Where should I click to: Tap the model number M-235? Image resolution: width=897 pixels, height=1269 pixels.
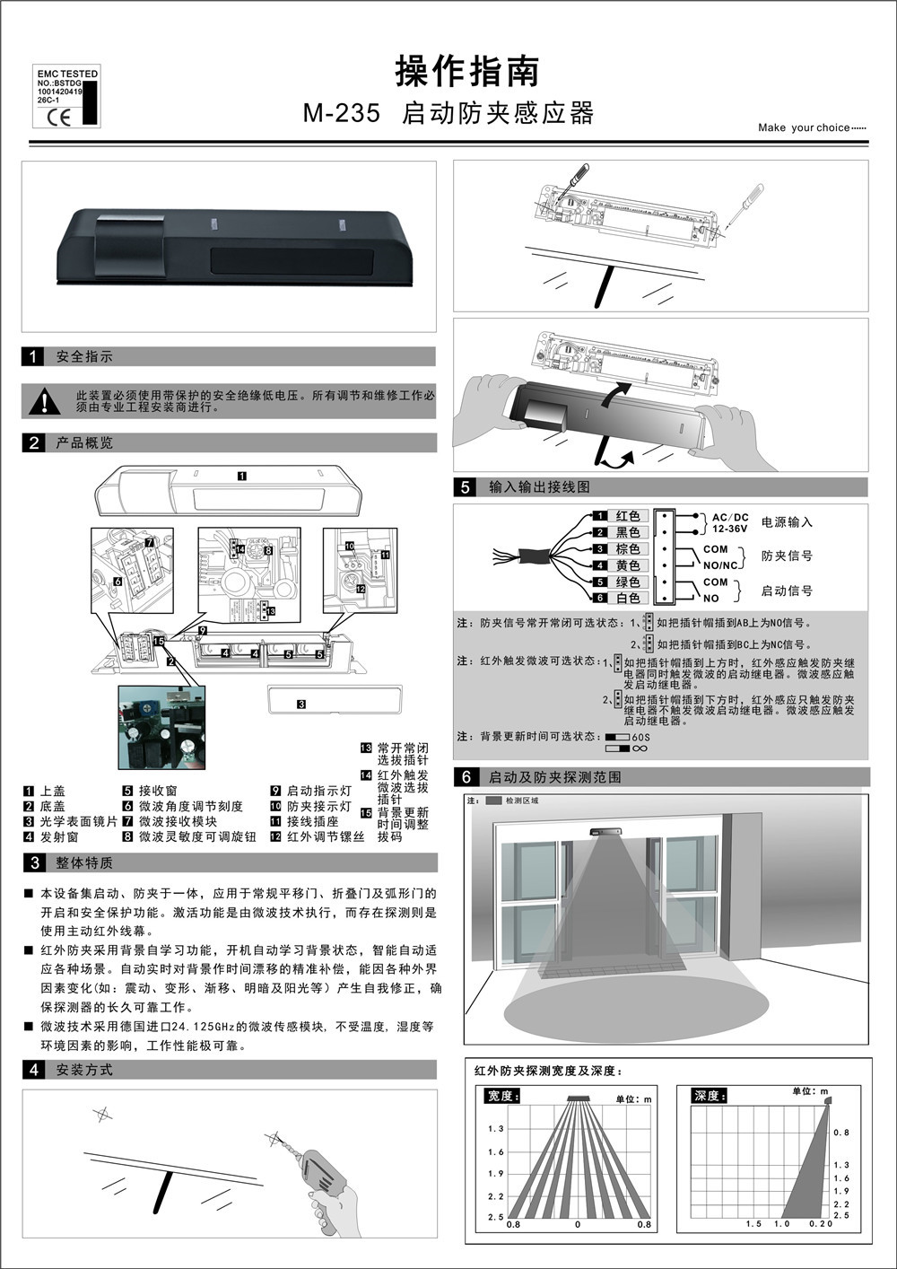pos(341,114)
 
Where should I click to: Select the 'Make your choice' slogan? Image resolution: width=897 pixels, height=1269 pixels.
pos(812,127)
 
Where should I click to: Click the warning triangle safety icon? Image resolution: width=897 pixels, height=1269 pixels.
pos(44,401)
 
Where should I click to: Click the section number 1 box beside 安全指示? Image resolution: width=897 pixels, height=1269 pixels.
pos(33,357)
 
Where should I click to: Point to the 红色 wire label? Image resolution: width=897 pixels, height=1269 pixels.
pos(628,516)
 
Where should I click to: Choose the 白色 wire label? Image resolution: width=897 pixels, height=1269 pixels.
pos(628,598)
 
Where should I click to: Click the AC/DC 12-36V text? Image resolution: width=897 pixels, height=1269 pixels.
pos(729,523)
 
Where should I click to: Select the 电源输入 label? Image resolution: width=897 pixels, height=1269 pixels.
pos(787,522)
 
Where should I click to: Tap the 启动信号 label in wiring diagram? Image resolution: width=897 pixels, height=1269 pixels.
pos(787,591)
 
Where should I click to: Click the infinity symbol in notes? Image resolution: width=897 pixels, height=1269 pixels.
pos(640,748)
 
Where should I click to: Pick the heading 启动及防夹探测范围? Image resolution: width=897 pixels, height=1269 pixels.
pos(554,777)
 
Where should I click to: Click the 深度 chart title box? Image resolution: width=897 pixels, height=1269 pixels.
pos(710,1096)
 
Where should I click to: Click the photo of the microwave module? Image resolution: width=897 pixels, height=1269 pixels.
pos(162,727)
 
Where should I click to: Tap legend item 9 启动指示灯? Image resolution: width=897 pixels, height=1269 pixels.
pos(311,792)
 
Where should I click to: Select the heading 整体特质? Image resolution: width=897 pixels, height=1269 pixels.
pos(84,863)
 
